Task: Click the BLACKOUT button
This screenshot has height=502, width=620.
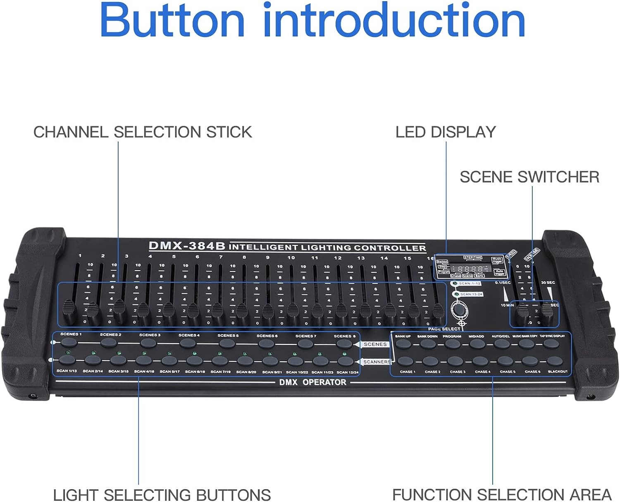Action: pyautogui.click(x=555, y=361)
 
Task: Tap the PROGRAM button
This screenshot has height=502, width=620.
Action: pyautogui.click(x=453, y=343)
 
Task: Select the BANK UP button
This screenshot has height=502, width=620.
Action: pyautogui.click(x=403, y=343)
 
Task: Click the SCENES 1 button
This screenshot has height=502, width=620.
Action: pyautogui.click(x=69, y=342)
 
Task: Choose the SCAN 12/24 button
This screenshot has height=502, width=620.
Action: pyautogui.click(x=345, y=361)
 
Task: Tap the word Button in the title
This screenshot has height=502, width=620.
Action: pyautogui.click(x=172, y=21)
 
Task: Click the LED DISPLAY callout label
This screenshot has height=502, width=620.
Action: pyautogui.click(x=445, y=132)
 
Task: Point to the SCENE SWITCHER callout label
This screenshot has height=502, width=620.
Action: pyautogui.click(x=529, y=177)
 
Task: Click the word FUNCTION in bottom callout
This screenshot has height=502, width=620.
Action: pyautogui.click(x=429, y=494)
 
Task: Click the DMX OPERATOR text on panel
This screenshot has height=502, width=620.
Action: pyautogui.click(x=312, y=382)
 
